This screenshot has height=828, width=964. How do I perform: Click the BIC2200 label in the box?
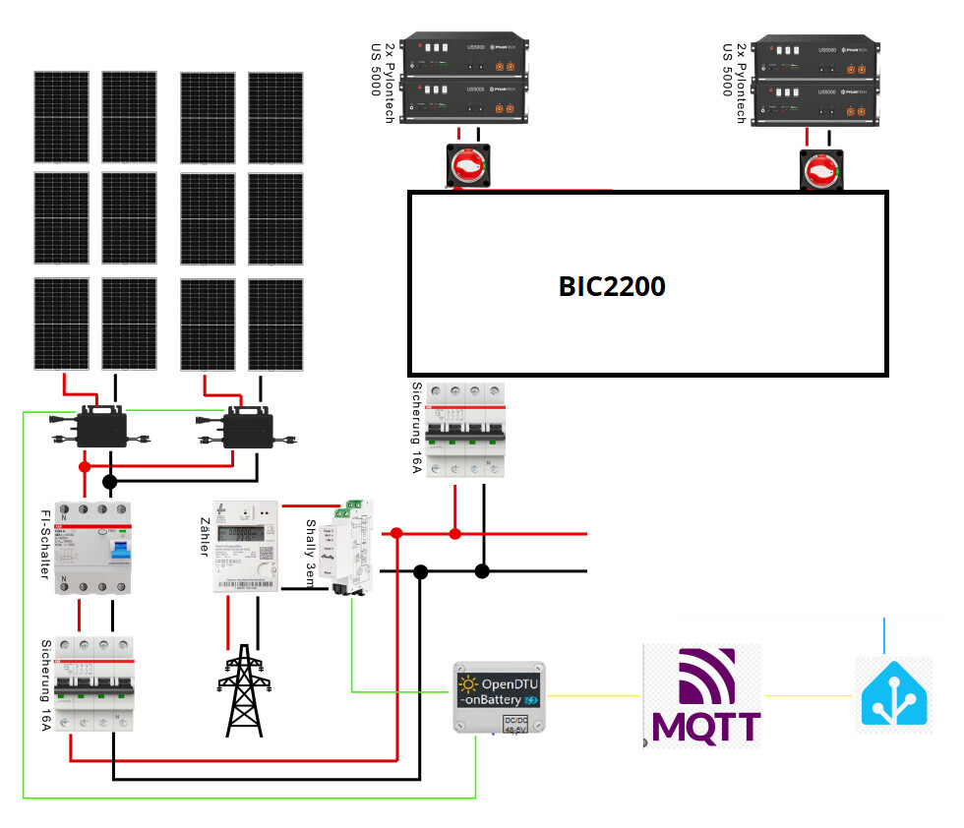612,287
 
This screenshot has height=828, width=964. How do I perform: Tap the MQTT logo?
701,695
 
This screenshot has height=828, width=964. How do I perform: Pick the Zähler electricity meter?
246,547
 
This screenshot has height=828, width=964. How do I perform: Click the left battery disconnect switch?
469,166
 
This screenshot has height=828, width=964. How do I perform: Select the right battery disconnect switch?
819,171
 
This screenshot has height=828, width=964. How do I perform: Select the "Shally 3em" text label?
311,556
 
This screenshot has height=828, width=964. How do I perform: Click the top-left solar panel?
62,117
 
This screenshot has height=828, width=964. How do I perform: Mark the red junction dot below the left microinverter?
86,466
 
